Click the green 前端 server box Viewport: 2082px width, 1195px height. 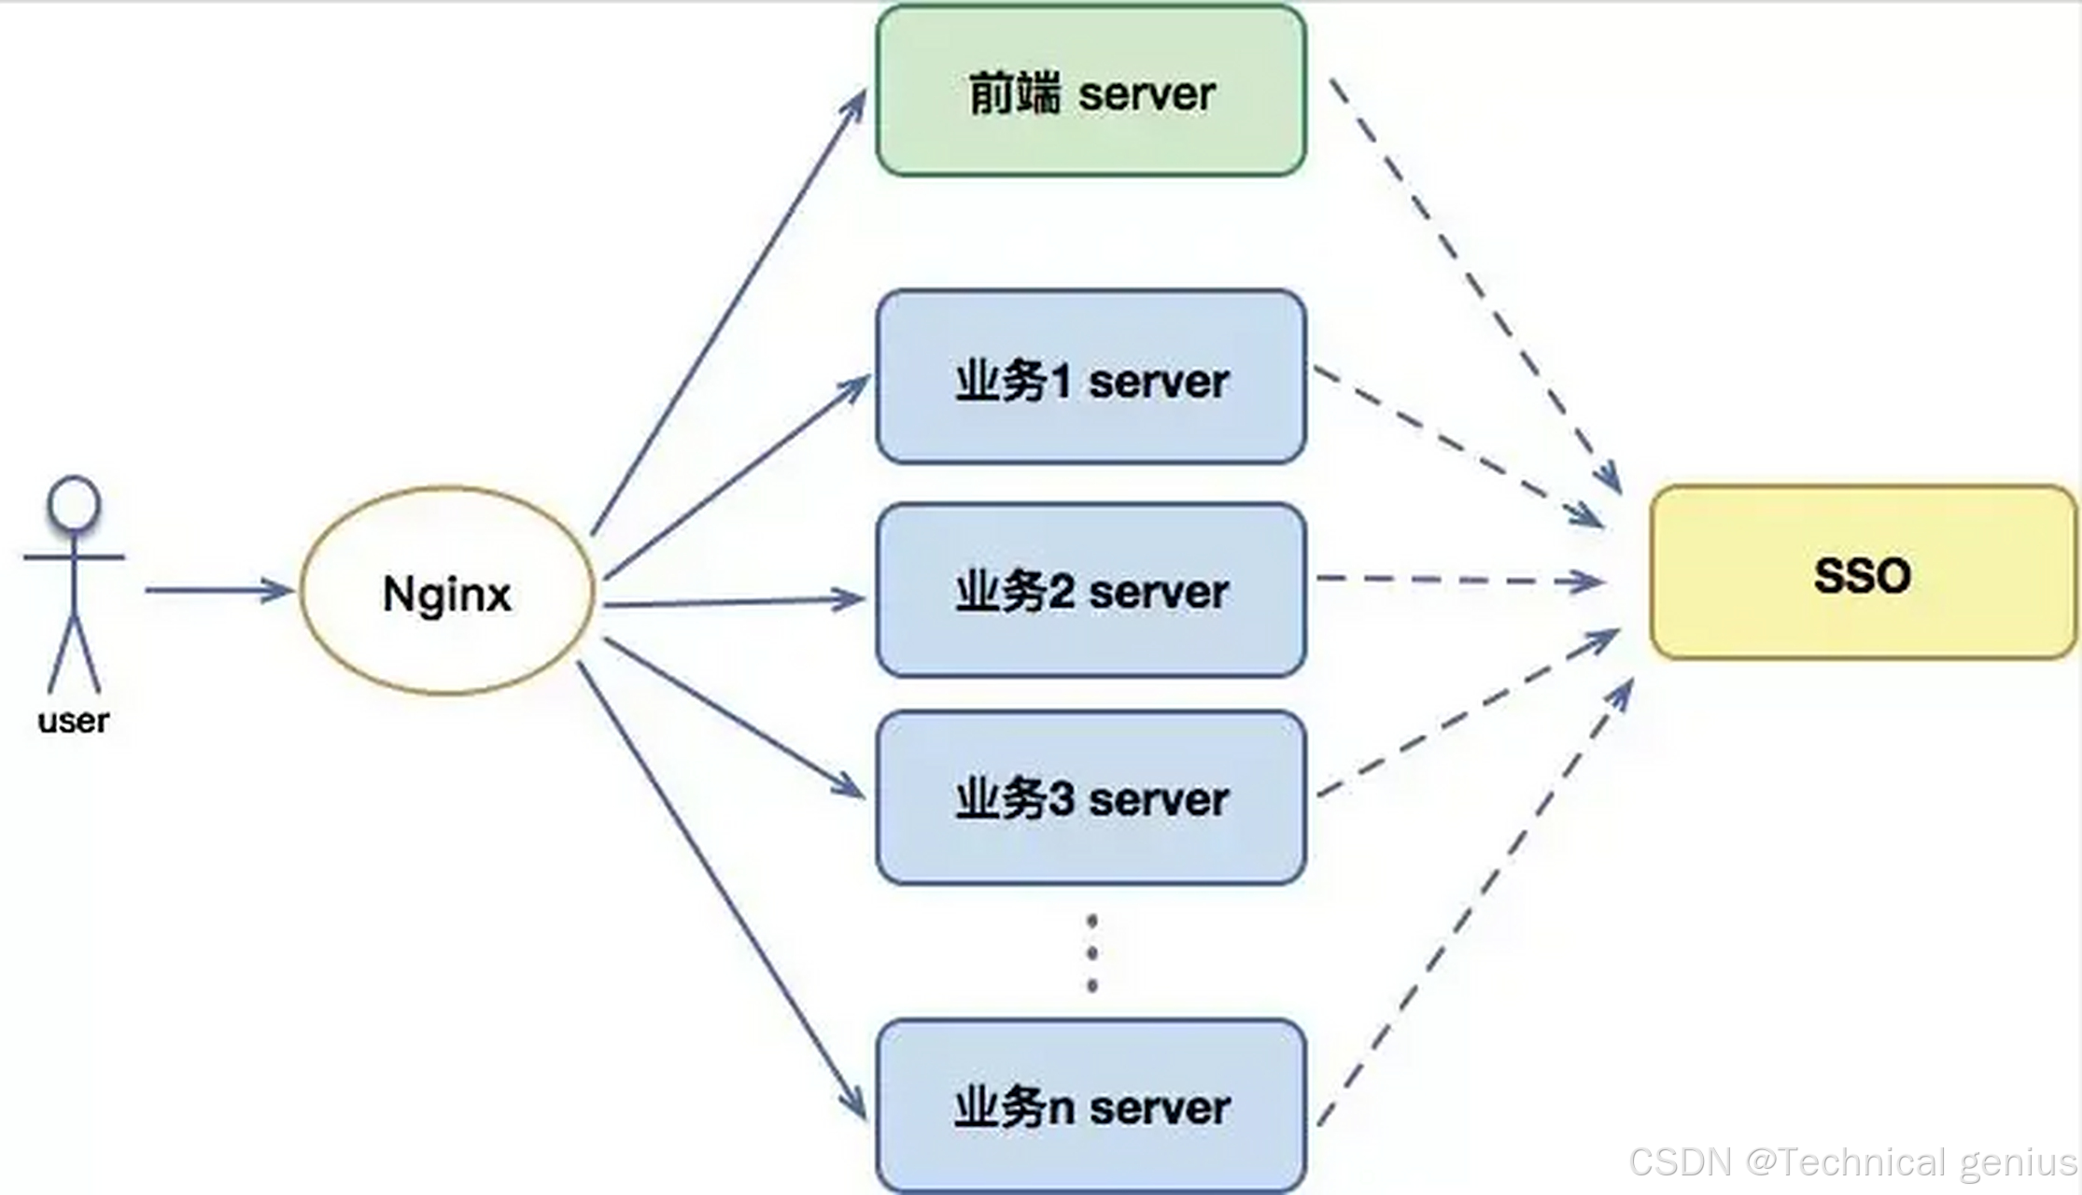[1090, 91]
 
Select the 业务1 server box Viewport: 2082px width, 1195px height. [1090, 377]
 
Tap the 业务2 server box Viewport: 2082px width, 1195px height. [1090, 590]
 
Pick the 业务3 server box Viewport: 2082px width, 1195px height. [1090, 798]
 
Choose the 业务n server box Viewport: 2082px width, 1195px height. [1090, 1105]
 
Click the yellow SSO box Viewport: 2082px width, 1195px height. [1863, 573]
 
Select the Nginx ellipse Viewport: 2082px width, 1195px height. [447, 591]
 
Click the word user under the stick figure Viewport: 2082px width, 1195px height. [73, 721]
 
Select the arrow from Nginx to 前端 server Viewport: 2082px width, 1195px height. [728, 313]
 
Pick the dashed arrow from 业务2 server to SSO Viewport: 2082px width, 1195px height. [1456, 581]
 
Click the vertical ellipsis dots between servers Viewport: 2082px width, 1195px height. [1091, 953]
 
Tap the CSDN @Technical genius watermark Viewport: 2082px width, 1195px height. [1852, 1163]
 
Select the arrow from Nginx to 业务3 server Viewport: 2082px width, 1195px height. [734, 717]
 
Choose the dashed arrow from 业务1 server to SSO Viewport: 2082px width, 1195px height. [1456, 445]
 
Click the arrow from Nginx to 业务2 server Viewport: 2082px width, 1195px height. [734, 602]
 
